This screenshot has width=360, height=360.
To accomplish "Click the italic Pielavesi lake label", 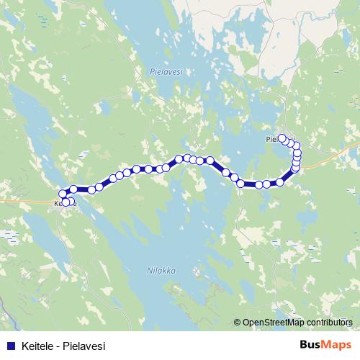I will [x=168, y=72].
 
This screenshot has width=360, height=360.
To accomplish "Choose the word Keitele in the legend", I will [x=37, y=346].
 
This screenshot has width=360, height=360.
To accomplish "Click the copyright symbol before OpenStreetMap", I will [x=238, y=323].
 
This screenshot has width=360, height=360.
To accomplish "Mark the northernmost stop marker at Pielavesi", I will [x=283, y=138].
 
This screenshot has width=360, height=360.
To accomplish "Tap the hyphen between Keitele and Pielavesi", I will [x=57, y=346].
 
